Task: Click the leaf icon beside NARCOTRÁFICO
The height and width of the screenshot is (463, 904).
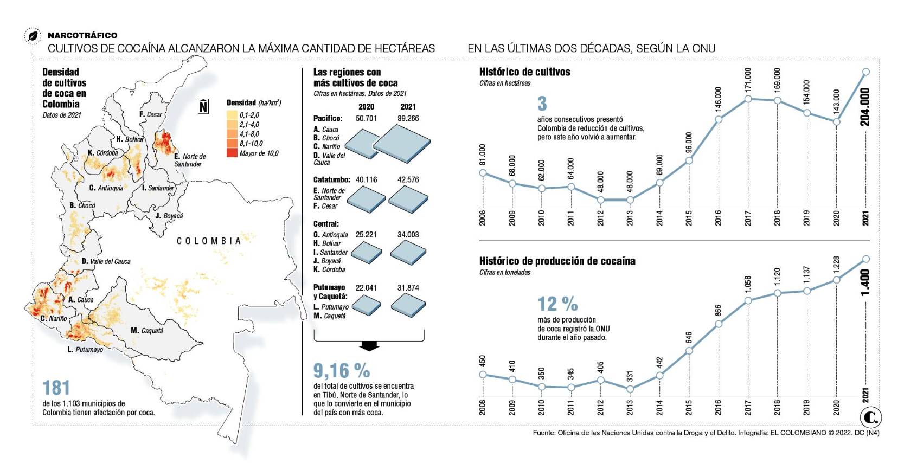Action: tap(33, 36)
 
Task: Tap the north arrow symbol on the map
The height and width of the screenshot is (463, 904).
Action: tap(203, 106)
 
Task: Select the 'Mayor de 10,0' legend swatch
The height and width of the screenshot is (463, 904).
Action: tap(232, 153)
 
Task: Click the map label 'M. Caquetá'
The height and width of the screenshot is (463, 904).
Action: tap(146, 331)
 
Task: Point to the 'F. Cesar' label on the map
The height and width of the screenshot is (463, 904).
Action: tap(150, 114)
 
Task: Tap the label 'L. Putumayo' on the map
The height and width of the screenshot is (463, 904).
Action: tap(85, 350)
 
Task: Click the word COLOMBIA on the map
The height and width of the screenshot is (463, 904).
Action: tap(209, 241)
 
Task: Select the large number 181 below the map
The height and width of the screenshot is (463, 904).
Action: tap(56, 388)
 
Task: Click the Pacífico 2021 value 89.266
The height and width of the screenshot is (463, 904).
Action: tap(408, 118)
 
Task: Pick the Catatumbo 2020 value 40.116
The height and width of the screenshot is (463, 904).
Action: tap(366, 179)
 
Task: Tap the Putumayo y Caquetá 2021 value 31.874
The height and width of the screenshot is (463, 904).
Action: tap(408, 288)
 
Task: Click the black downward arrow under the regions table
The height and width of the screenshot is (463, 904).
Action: tap(369, 346)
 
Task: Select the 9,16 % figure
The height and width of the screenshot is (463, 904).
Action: tap(342, 371)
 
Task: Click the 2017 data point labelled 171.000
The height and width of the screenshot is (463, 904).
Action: tap(748, 99)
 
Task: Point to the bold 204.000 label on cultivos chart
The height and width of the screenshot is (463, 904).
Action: tap(865, 107)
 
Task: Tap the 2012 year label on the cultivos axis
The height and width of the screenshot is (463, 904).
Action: tap(600, 218)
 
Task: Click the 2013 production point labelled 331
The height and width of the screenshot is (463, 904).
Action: tap(630, 389)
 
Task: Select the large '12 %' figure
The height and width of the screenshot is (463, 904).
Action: tap(557, 304)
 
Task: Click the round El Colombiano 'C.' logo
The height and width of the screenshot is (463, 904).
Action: tap(870, 417)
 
